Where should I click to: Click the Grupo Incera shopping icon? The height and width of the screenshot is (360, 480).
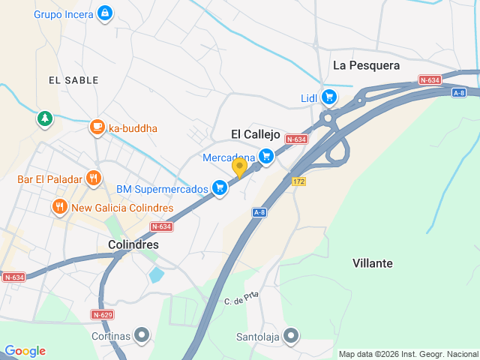(105, 13)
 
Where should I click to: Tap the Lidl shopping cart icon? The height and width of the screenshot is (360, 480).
(329, 97)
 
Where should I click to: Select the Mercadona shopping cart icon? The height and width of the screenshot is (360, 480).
(265, 156)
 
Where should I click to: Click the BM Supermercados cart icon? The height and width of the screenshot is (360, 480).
(220, 187)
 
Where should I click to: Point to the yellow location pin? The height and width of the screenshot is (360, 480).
(239, 167)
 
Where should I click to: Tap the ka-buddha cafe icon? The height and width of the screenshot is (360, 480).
(96, 127)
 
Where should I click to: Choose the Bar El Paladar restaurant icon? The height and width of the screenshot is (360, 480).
(93, 178)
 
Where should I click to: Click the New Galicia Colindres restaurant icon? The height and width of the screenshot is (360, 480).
(59, 206)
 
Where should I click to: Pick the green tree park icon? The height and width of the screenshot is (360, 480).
(46, 118)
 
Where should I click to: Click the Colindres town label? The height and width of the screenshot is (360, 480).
(133, 244)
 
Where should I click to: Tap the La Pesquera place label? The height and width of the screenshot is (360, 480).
(366, 66)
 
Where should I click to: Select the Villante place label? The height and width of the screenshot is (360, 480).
(372, 263)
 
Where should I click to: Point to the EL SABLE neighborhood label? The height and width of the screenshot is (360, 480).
(70, 79)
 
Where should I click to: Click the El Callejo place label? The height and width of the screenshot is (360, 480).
(255, 134)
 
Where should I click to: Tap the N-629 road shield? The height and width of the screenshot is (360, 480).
(102, 313)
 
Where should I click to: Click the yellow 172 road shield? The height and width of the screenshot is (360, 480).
(299, 181)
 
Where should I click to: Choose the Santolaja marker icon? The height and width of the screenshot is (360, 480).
(291, 335)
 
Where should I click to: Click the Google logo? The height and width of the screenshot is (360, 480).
(25, 351)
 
